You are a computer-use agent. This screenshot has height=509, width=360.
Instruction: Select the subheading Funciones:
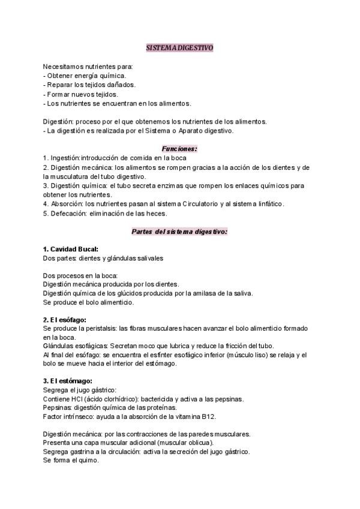coord(179,148)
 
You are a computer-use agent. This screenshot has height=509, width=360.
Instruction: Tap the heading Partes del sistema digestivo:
coord(179,230)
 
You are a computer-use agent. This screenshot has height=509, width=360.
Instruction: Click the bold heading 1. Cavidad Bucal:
coord(71,248)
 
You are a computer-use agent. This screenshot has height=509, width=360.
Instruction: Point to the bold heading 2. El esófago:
coord(65,319)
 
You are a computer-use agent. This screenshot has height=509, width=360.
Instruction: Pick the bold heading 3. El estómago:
coord(67,381)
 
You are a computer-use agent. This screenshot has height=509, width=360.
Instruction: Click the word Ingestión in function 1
coord(65,157)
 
